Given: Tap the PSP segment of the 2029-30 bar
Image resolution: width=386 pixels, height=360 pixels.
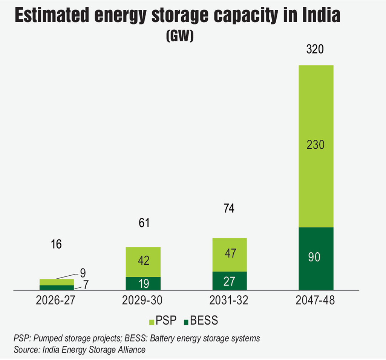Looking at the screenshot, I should [143, 262].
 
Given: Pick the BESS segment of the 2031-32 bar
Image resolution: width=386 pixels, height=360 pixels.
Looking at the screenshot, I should [229, 281].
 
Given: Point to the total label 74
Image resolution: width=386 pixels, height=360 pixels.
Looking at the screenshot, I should [229, 208].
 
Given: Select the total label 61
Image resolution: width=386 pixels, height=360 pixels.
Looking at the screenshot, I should [144, 223].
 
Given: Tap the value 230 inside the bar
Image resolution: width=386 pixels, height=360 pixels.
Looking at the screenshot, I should [316, 145].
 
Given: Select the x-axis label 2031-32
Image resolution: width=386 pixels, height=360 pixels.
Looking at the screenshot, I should [229, 301].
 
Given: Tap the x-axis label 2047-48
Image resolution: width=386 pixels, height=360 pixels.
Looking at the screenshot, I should [316, 301].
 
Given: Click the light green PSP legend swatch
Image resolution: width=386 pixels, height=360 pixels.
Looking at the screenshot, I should [152, 322].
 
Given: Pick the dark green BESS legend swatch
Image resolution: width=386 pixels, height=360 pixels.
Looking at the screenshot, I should [185, 322].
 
